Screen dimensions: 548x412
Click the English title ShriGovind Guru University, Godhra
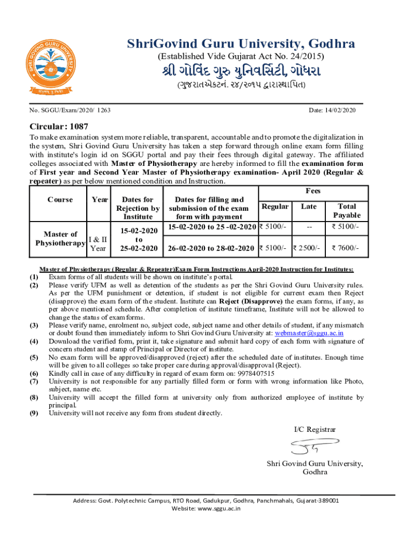pyautogui.click(x=240, y=44)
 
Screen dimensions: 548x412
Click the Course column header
pyautogui.click(x=60, y=200)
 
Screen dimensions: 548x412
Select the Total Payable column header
pyautogui.click(x=347, y=210)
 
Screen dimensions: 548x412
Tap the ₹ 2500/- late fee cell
pyautogui.click(x=309, y=248)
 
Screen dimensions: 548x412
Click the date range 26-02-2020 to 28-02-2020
pyautogui.click(x=211, y=248)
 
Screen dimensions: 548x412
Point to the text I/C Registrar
pyautogui.click(x=315, y=429)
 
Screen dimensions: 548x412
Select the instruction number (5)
pyautogui.click(x=34, y=357)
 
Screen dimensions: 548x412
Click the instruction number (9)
pyautogui.click(x=34, y=413)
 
